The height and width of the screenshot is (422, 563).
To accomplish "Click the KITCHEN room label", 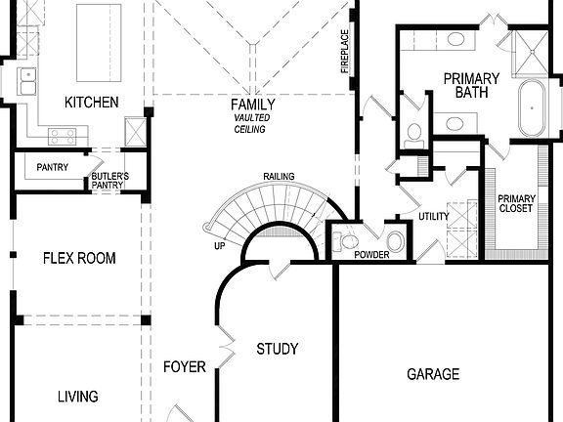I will point(91,102).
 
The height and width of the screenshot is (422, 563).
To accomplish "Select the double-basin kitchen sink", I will point(25,80).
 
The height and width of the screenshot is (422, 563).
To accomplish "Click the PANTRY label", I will point(52,167).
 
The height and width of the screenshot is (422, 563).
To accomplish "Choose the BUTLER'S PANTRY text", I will point(109,180).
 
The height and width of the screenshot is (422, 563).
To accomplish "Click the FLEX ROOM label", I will point(79,258).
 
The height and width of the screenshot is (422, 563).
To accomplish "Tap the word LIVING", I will point(77,396).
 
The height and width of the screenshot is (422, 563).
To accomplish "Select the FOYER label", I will point(184,367).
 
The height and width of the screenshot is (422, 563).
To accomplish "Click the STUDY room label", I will point(277,349).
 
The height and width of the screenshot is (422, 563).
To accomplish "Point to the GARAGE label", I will point(433,374).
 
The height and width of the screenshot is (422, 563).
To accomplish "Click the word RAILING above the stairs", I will point(279,176).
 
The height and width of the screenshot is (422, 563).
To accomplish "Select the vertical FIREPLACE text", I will point(344,51).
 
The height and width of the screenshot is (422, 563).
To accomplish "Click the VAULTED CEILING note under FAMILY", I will point(252,123).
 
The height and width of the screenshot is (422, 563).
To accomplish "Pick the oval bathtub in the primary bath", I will point(534,106).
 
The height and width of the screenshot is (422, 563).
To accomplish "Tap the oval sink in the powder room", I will point(396,241).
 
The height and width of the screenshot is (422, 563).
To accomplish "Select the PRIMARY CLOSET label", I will point(516,202).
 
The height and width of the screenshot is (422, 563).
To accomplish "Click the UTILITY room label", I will point(433,216).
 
